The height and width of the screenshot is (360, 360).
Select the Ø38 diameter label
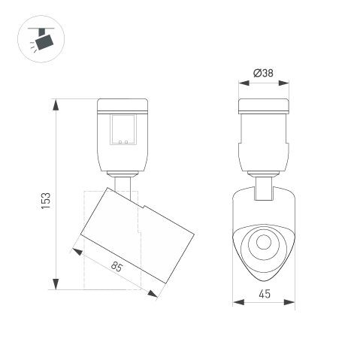[263, 73]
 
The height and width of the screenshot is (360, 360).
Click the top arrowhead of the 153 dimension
[56, 103]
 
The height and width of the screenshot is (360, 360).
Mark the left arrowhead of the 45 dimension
[236, 303]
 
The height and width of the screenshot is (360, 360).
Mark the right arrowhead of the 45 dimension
[292, 303]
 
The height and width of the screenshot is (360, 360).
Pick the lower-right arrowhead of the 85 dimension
[156, 294]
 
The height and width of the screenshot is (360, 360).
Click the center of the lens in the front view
[263, 242]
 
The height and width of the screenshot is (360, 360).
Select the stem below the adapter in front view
[263, 188]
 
